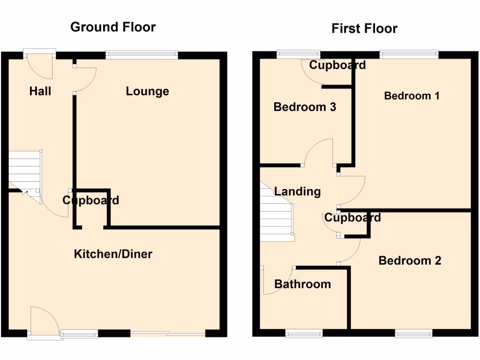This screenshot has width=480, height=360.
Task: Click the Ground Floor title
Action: click(113, 27)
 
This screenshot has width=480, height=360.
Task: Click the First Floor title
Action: click(364, 28)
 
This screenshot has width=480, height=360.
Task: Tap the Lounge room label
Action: click(147, 91)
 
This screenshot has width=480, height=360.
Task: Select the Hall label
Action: click(40, 91)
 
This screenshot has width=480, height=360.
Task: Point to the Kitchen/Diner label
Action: click(113, 254)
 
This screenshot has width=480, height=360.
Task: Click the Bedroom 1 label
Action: click(412, 96)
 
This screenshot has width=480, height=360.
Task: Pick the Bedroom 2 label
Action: click(410, 261)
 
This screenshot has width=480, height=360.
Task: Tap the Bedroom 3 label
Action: click(305, 107)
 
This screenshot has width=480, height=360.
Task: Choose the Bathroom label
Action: click(302, 284)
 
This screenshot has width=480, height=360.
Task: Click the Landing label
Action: click(297, 191)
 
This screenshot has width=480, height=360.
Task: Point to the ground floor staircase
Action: click(24, 171)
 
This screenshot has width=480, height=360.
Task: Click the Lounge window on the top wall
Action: click(142, 55)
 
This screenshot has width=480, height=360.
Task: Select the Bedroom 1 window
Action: click(409, 54)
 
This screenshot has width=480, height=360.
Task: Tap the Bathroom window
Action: click(304, 333)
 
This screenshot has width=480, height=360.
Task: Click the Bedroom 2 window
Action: click(413, 333)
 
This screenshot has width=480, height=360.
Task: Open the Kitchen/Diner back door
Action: click(44, 323)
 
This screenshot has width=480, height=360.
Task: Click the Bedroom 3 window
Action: click(298, 54)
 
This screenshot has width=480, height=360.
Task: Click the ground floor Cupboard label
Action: click(91, 201)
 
